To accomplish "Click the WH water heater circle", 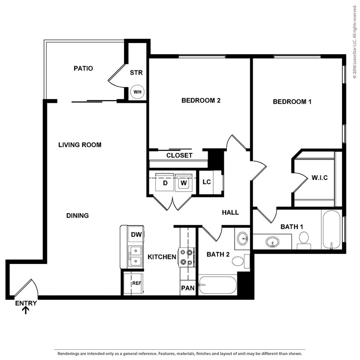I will (137, 92).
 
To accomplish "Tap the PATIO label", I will (83, 68).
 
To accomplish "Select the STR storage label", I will (136, 73).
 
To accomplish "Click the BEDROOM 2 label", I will (201, 101).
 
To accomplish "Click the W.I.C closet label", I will (319, 177).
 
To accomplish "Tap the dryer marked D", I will (165, 183).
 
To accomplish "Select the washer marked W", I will (184, 183).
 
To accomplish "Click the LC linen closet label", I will (206, 182).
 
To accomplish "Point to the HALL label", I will (230, 212).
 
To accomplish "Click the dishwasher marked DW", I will (136, 234).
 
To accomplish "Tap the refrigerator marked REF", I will (136, 283).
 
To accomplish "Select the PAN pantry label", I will (188, 288).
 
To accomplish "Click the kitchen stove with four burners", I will (187, 257).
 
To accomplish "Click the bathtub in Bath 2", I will (218, 285).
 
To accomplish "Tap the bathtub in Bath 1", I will (332, 229).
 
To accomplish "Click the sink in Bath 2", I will (243, 238).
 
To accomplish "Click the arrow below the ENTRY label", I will (26, 311).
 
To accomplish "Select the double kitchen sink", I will (136, 256).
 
